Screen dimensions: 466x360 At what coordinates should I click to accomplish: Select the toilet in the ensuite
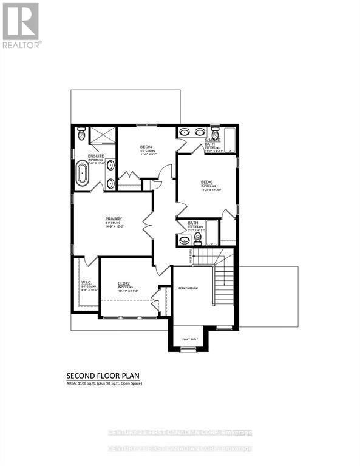(x=82, y=135)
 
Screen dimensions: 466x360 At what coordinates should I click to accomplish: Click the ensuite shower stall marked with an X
(x=102, y=137)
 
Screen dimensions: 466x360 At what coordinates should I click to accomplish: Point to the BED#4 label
(x=146, y=147)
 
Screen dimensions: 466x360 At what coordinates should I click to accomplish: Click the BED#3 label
(x=206, y=182)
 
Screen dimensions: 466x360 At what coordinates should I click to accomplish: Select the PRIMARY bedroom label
(x=114, y=219)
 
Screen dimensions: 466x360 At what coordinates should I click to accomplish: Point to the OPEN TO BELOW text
(x=188, y=288)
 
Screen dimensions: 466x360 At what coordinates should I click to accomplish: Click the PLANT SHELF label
(x=191, y=340)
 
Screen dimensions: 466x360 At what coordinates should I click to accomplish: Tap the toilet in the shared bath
(x=214, y=133)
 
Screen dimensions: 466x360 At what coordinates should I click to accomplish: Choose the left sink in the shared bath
(x=185, y=132)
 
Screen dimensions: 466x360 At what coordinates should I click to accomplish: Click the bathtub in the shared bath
(x=231, y=138)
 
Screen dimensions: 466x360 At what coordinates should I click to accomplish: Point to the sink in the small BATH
(x=184, y=240)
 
